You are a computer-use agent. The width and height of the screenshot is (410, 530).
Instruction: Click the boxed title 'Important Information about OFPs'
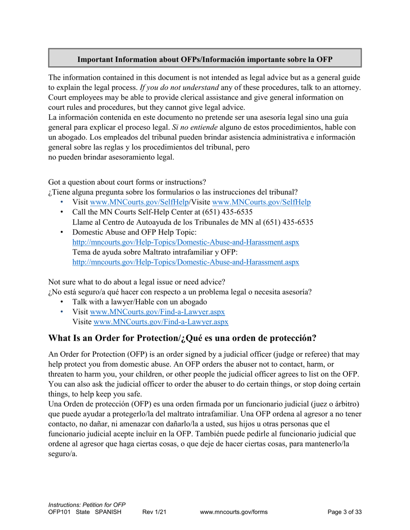coord(205,59)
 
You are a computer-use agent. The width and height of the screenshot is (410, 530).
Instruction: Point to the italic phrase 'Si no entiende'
coord(195,128)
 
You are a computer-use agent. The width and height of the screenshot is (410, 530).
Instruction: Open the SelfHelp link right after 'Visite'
coord(262,202)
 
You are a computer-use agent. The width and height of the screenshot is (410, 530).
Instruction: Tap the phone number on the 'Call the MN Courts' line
coord(228,212)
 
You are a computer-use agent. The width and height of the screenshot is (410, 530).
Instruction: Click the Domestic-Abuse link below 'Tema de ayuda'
coord(186,262)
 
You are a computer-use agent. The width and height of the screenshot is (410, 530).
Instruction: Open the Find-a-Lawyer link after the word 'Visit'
coord(157,312)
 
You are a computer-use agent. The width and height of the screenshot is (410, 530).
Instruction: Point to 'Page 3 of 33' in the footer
coord(344,512)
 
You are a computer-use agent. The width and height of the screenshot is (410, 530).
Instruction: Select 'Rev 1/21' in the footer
coord(155,512)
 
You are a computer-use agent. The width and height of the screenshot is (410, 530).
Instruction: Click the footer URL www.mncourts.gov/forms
coord(234,512)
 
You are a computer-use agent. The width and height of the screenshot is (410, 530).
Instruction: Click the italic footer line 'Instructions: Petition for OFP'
coord(86,505)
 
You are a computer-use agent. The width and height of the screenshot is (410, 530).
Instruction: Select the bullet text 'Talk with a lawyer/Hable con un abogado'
coord(140,302)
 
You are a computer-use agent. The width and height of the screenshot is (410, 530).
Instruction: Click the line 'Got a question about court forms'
coord(127,182)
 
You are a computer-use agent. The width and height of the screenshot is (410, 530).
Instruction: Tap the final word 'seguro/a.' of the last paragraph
coord(63,454)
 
